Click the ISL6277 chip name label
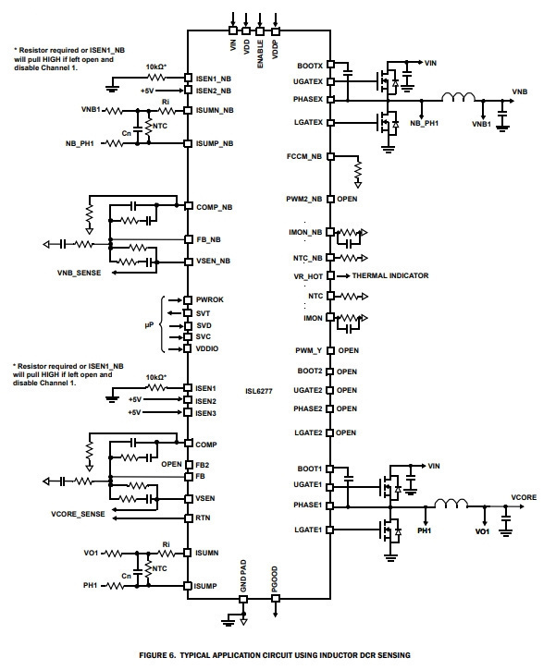[259, 391]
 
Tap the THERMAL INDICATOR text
[390, 275]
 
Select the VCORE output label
[524, 497]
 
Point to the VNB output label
[520, 91]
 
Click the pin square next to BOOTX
[330, 64]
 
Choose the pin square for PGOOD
[276, 598]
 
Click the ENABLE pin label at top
[260, 54]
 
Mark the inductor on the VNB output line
[458, 97]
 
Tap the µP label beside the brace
[149, 325]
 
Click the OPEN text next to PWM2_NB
[347, 199]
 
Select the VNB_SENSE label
[80, 273]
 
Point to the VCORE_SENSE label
[78, 514]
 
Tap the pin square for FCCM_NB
[330, 156]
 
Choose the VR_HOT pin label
[308, 276]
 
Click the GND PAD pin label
[243, 576]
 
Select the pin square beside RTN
[189, 518]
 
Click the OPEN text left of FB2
[171, 464]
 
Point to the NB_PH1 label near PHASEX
[425, 123]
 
